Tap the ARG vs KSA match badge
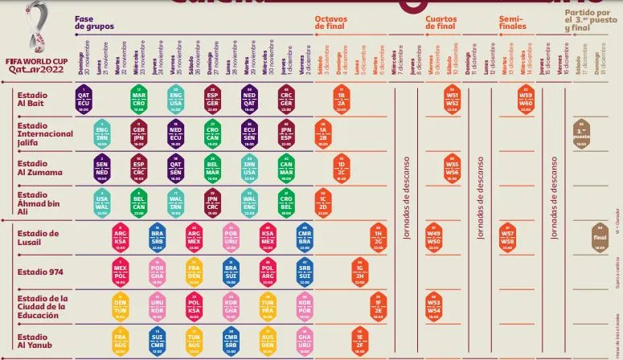pyautogui.click(x=121, y=237)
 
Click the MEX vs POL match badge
pyautogui.click(x=121, y=272)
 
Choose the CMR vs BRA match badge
pyautogui.click(x=305, y=237)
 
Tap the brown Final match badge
pyautogui.click(x=599, y=237)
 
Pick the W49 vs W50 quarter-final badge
pyautogui.click(x=434, y=237)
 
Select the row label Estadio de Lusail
pyautogui.click(x=39, y=237)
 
